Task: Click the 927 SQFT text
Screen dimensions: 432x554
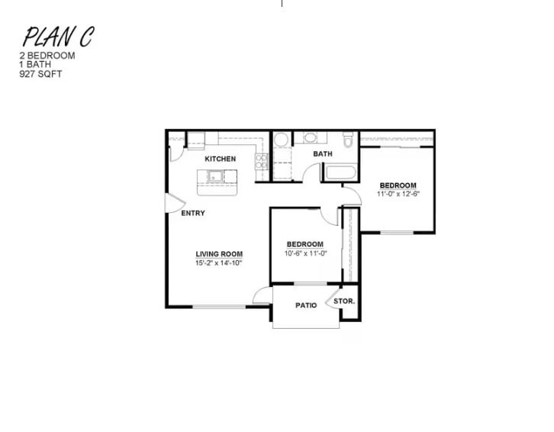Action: [x=41, y=75]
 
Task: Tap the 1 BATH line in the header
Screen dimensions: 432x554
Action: [x=36, y=66]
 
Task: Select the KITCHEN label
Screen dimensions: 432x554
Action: [x=220, y=159]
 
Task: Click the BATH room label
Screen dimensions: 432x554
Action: [x=323, y=154]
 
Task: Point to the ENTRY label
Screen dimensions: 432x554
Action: [x=193, y=213]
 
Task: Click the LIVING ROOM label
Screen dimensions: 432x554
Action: [x=219, y=254]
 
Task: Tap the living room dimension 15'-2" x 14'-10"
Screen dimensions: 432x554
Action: [x=219, y=263]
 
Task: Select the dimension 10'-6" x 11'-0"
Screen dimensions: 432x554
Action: [x=305, y=253]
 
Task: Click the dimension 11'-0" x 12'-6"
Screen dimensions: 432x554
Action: [x=398, y=194]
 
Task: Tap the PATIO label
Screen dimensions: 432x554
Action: [x=306, y=305]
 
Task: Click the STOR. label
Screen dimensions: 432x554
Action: [x=344, y=301]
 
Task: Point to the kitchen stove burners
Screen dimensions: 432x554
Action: [x=262, y=161]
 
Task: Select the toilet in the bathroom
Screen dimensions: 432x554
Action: [x=348, y=140]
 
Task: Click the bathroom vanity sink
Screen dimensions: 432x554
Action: [x=311, y=138]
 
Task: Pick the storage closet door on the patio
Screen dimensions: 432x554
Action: [x=333, y=298]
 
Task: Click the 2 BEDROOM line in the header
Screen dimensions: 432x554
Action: [x=47, y=56]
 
